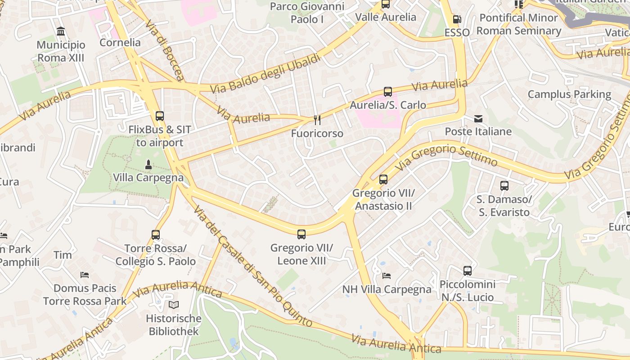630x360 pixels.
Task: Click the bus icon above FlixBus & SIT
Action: [160, 116]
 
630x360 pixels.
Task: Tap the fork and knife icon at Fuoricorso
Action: [317, 120]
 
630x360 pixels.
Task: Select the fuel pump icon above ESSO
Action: [457, 19]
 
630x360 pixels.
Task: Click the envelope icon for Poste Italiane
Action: [478, 119]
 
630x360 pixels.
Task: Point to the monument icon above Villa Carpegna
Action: [148, 164]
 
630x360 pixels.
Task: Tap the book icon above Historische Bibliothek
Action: [174, 305]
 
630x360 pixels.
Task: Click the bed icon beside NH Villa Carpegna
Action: [387, 275]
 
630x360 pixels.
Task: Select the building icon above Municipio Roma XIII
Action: [61, 31]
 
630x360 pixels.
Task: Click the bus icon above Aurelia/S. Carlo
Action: [388, 92]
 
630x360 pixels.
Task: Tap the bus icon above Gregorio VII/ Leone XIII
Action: [301, 234]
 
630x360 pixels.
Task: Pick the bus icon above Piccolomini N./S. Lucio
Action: [468, 271]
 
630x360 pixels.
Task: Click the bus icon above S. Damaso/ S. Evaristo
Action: [504, 186]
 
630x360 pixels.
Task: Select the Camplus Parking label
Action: [569, 94]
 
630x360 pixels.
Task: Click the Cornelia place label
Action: [120, 43]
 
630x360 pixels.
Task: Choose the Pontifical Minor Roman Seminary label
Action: [519, 24]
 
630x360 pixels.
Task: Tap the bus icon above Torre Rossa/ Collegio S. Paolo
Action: [156, 235]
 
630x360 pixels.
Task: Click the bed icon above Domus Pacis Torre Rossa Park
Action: [85, 274]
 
